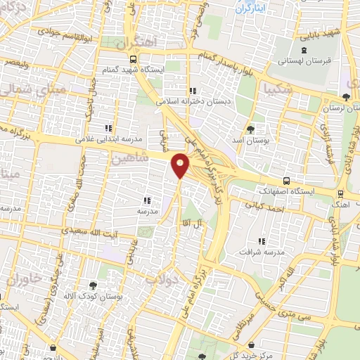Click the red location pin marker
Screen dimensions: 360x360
[x=181, y=166]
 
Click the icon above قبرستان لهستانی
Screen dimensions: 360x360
[x=304, y=49]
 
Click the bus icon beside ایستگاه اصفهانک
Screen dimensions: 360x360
[x=285, y=180]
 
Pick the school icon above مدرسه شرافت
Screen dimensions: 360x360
[x=262, y=241]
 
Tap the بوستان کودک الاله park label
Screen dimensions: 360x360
[x=93, y=298]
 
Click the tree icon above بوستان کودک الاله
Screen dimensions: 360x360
[x=93, y=285]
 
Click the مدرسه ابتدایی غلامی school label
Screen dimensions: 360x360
[x=108, y=139]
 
